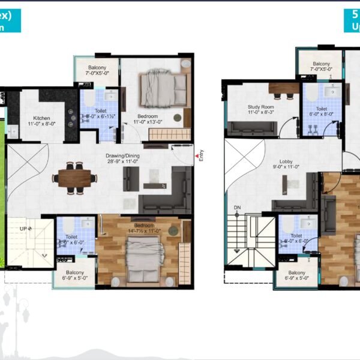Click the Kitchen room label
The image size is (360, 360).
[41, 118]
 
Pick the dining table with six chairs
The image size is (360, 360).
[74, 178]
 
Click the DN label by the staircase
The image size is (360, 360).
[237, 207]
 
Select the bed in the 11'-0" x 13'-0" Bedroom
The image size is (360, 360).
[158, 90]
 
